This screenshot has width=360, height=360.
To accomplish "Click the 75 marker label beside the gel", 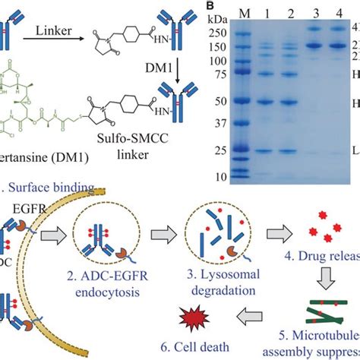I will tap(200, 74).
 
